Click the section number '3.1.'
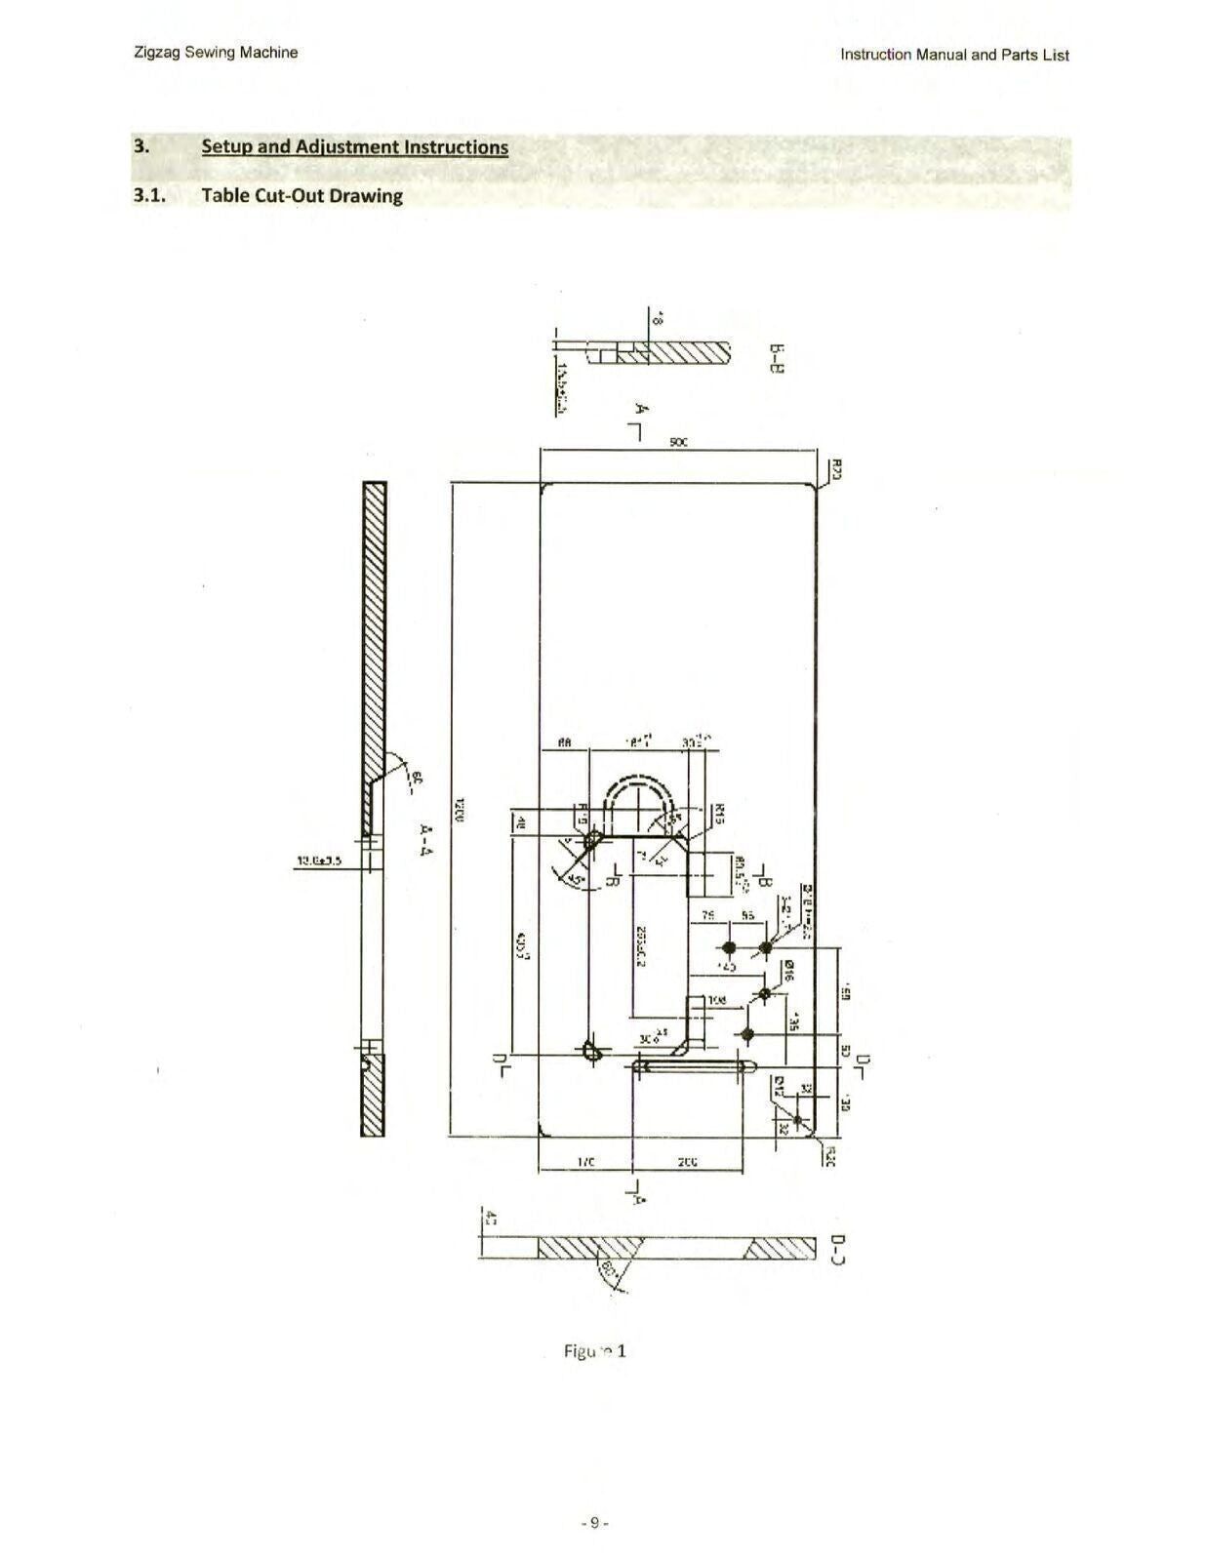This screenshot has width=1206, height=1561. coord(149,195)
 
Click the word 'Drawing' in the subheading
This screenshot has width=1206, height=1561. coord(366,195)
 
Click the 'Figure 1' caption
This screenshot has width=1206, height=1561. coord(594,1351)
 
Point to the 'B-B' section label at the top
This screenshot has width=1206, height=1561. coord(777,360)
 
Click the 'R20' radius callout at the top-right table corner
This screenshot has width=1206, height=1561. coord(836,469)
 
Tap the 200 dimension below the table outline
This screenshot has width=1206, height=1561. coord(687,1162)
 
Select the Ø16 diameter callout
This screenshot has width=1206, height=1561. coord(788,970)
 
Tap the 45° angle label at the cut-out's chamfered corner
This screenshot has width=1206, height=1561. coord(575,878)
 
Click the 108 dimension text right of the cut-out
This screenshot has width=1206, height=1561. coord(717,1000)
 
